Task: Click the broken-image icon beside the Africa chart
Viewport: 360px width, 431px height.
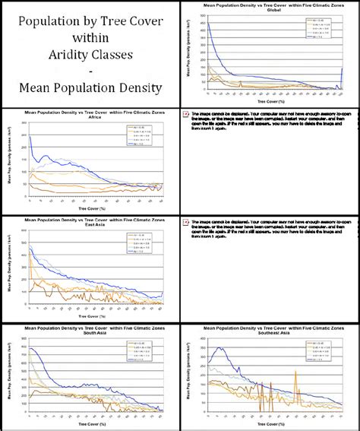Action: [186, 116]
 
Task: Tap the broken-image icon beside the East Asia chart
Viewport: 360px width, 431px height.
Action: [186, 223]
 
